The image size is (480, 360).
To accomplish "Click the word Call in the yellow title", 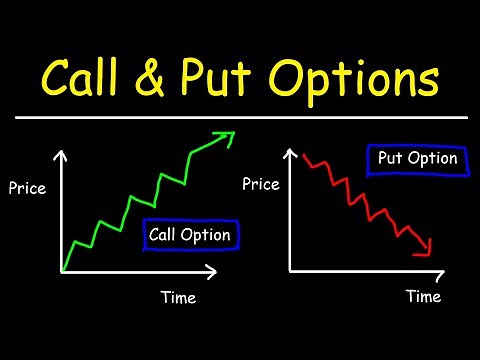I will coord(89,77).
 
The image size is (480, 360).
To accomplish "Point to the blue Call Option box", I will coord(189,235).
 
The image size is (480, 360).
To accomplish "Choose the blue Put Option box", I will coord(417,159).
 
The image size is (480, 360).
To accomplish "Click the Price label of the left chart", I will coord(27,186).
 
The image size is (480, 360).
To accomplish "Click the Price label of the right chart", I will coord(261,185).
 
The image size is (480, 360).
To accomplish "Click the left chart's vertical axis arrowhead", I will coord(63,154).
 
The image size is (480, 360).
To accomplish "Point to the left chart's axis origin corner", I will coord(63,271).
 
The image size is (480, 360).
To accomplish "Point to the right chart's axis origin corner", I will coord(290,270).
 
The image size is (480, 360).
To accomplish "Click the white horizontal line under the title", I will coord(240,117).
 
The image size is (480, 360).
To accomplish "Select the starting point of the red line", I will coord(306,153).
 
